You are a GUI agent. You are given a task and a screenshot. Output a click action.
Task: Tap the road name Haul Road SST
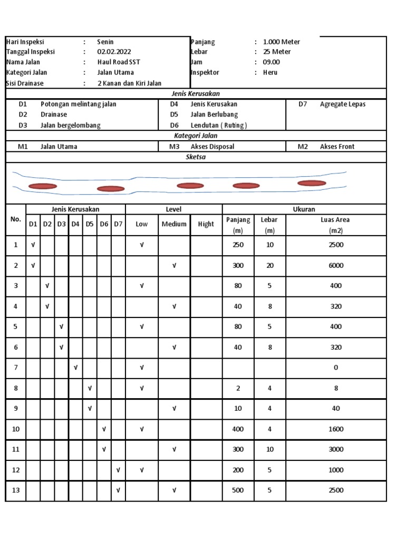click(119, 62)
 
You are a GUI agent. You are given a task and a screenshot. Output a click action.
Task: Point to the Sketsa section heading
click(196, 157)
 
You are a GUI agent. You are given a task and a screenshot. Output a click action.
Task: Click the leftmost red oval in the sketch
click(42, 186)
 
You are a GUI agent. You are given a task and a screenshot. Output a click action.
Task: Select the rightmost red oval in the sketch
click(312, 183)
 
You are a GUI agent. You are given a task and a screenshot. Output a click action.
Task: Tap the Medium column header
click(174, 224)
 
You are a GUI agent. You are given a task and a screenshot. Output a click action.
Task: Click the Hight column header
click(206, 224)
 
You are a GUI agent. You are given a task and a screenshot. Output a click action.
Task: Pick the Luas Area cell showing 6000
click(336, 266)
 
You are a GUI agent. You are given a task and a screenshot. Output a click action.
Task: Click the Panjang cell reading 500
click(238, 490)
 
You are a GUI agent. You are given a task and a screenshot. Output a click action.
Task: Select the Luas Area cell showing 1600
click(336, 429)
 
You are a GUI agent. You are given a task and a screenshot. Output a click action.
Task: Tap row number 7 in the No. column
click(16, 368)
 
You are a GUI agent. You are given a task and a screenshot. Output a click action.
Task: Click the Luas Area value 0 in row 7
click(336, 368)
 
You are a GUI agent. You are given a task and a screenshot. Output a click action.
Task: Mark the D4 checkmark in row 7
click(76, 368)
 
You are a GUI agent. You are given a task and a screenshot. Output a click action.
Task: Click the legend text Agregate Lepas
click(342, 104)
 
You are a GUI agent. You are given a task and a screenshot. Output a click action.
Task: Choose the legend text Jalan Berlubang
click(214, 114)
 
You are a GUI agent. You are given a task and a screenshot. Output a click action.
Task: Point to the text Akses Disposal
click(212, 147)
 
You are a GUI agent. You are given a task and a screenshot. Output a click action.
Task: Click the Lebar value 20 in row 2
click(270, 266)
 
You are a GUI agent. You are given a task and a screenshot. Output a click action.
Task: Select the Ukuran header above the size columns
click(304, 209)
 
